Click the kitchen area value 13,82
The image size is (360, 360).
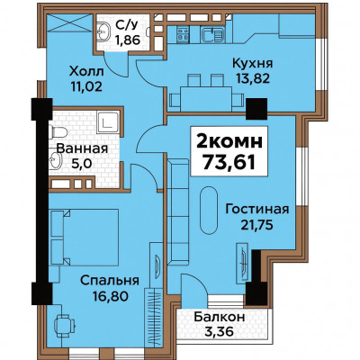tap(253, 78)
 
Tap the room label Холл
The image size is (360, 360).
tap(86, 72)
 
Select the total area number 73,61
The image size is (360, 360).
tap(229, 162)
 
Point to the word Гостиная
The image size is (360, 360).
tap(257, 209)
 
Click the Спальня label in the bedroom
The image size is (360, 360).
tap(110, 281)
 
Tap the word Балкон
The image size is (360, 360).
tap(220, 317)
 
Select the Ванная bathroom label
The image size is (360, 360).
tap(82, 148)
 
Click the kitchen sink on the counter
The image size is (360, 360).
tap(212, 33)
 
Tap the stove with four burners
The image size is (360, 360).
tap(183, 33)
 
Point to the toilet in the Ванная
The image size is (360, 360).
tap(58, 132)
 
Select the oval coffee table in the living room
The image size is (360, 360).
tap(209, 211)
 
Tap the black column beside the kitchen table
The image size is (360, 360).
tap(256, 109)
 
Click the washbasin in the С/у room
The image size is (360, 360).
tap(103, 29)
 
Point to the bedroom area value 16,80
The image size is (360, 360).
tap(110, 296)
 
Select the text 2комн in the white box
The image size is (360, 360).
tap(229, 141)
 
